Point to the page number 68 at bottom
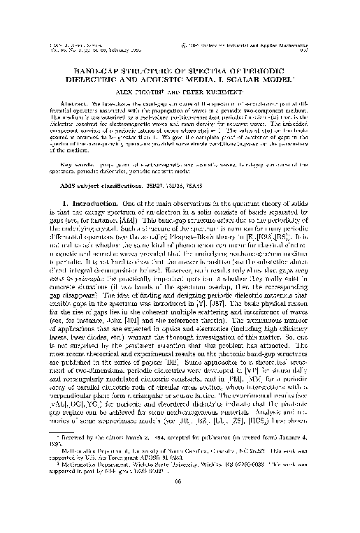(x=180, y=501)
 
